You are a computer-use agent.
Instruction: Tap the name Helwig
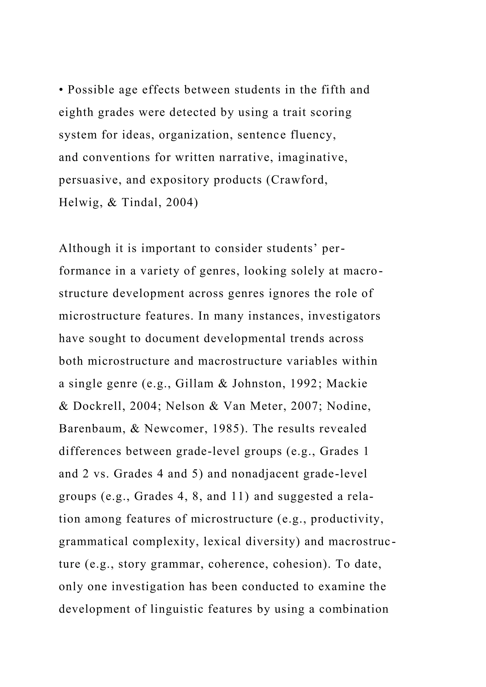coord(78,203)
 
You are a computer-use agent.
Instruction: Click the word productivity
coord(347,519)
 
